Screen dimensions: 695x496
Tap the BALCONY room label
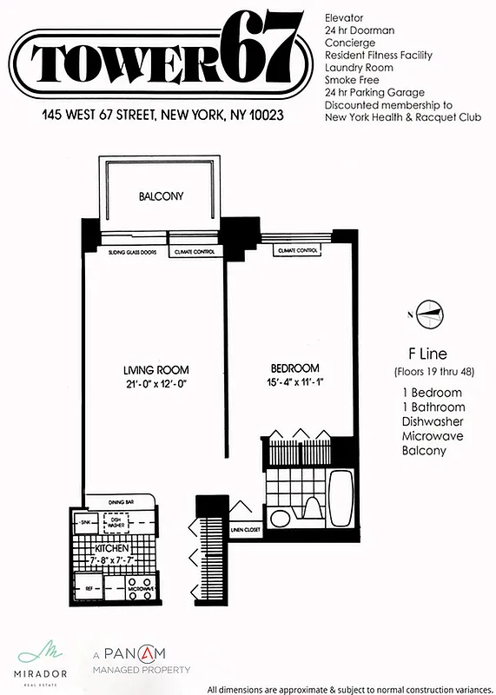coord(162,196)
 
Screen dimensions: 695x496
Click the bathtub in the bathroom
coord(341,497)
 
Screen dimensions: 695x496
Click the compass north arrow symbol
coord(428,313)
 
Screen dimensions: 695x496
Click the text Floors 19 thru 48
coord(427,373)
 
